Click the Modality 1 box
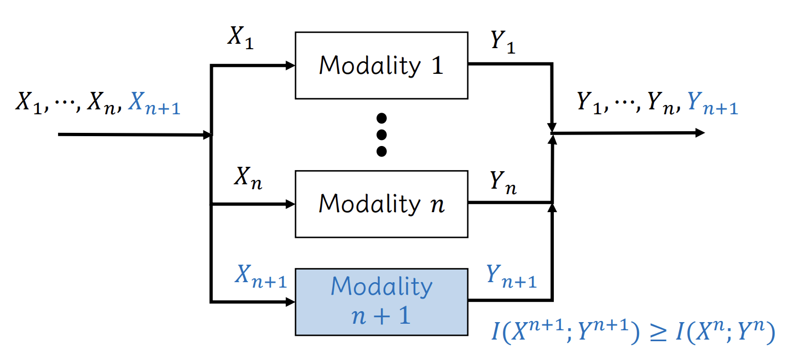tap(381, 66)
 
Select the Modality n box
tap(381, 204)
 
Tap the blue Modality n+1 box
tap(381, 301)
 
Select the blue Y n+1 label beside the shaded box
tap(511, 276)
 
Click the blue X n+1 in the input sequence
tap(154, 103)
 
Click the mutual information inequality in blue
tap(632, 333)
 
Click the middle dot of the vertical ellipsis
tap(382, 135)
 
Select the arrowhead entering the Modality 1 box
tap(291, 66)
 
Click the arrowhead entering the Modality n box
tap(291, 205)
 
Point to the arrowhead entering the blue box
tap(291, 301)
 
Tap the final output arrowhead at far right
tap(700, 133)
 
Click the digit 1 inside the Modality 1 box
tap(436, 66)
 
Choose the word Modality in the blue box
tap(381, 287)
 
